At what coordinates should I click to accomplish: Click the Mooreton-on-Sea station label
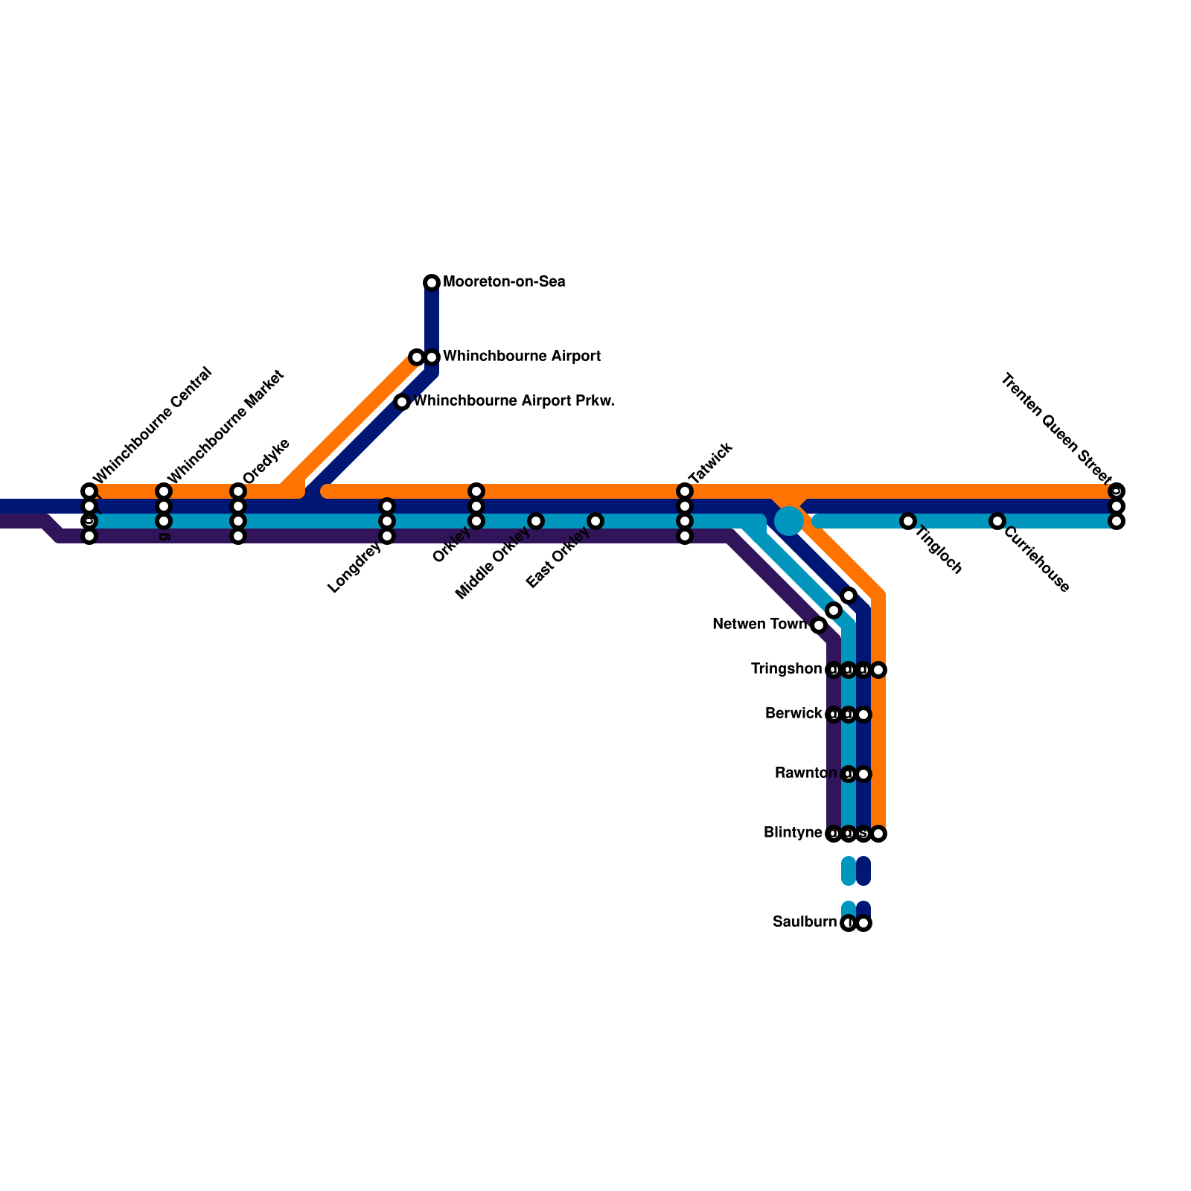point(504,282)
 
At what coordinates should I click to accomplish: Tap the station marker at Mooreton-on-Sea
point(432,283)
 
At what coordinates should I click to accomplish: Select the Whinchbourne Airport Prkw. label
point(514,401)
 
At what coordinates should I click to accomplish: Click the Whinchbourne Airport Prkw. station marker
point(402,402)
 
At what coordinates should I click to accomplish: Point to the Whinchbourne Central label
point(153,425)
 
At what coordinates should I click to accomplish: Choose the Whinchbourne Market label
point(226,426)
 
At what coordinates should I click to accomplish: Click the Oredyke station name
point(266,462)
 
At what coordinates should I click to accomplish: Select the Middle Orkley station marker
point(536,521)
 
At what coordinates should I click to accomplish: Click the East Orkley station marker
point(595,521)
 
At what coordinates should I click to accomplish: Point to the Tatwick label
point(711,463)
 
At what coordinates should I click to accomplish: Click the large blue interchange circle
point(789,520)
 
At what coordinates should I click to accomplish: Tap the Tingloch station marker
point(908,521)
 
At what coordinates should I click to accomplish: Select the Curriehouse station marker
point(997,521)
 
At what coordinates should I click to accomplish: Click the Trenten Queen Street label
point(1056,427)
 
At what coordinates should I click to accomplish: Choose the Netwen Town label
point(759,625)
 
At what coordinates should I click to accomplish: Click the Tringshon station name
point(786,669)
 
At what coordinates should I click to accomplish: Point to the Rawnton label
point(805,773)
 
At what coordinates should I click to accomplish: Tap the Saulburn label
point(804,922)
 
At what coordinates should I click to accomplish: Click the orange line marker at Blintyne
point(878,834)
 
